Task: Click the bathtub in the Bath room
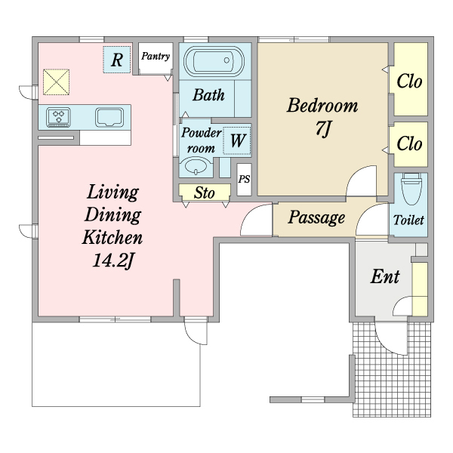pyautogui.click(x=214, y=61)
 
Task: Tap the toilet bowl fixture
pyautogui.click(x=411, y=188)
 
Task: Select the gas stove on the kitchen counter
pyautogui.click(x=58, y=117)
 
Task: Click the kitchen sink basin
pyautogui.click(x=109, y=117)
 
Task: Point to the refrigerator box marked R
pyautogui.click(x=117, y=60)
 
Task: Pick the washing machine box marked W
pyautogui.click(x=237, y=140)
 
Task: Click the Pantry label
pyautogui.click(x=156, y=56)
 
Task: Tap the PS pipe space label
pyautogui.click(x=244, y=179)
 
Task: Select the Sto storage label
pyautogui.click(x=205, y=193)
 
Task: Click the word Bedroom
pyautogui.click(x=322, y=106)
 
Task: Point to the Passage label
pyautogui.click(x=316, y=217)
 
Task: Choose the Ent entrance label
pyautogui.click(x=385, y=276)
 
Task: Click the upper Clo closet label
pyautogui.click(x=409, y=82)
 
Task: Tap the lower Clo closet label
pyautogui.click(x=409, y=143)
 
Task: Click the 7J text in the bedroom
pyautogui.click(x=322, y=128)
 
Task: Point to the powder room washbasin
pyautogui.click(x=196, y=166)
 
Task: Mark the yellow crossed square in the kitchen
pyautogui.click(x=57, y=82)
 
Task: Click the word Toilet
pyautogui.click(x=408, y=220)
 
